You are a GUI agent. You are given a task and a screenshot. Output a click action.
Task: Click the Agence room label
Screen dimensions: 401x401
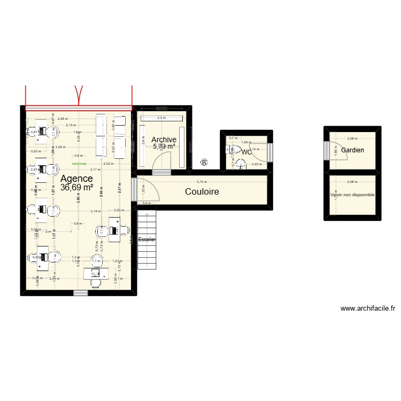[x=76, y=179]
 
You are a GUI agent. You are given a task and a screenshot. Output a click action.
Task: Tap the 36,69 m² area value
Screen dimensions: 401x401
[x=76, y=188]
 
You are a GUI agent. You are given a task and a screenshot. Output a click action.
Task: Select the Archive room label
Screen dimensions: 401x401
[x=164, y=140]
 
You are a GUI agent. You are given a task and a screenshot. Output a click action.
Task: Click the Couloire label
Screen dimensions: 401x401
[x=203, y=191]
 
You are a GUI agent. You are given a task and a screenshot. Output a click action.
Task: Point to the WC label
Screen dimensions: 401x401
[x=246, y=152]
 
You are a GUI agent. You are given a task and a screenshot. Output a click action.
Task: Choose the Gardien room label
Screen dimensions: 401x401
[x=352, y=150]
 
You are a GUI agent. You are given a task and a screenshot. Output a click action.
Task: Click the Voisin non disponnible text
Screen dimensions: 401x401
[x=352, y=195]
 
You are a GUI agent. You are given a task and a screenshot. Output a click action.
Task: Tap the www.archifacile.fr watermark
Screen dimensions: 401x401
[x=367, y=309]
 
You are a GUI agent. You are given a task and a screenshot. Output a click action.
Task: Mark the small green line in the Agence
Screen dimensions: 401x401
[x=79, y=164]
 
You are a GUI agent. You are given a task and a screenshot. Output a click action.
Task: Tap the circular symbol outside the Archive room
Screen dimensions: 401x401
[x=204, y=162]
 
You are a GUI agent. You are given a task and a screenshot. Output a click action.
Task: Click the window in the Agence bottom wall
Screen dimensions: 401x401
[x=80, y=292]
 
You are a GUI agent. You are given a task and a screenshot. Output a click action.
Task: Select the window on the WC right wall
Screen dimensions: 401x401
[x=270, y=152]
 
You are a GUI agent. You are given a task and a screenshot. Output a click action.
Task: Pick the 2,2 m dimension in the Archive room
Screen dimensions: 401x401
[x=161, y=118]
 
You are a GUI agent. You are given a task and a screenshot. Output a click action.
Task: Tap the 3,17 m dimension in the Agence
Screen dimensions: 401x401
[x=95, y=169]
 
